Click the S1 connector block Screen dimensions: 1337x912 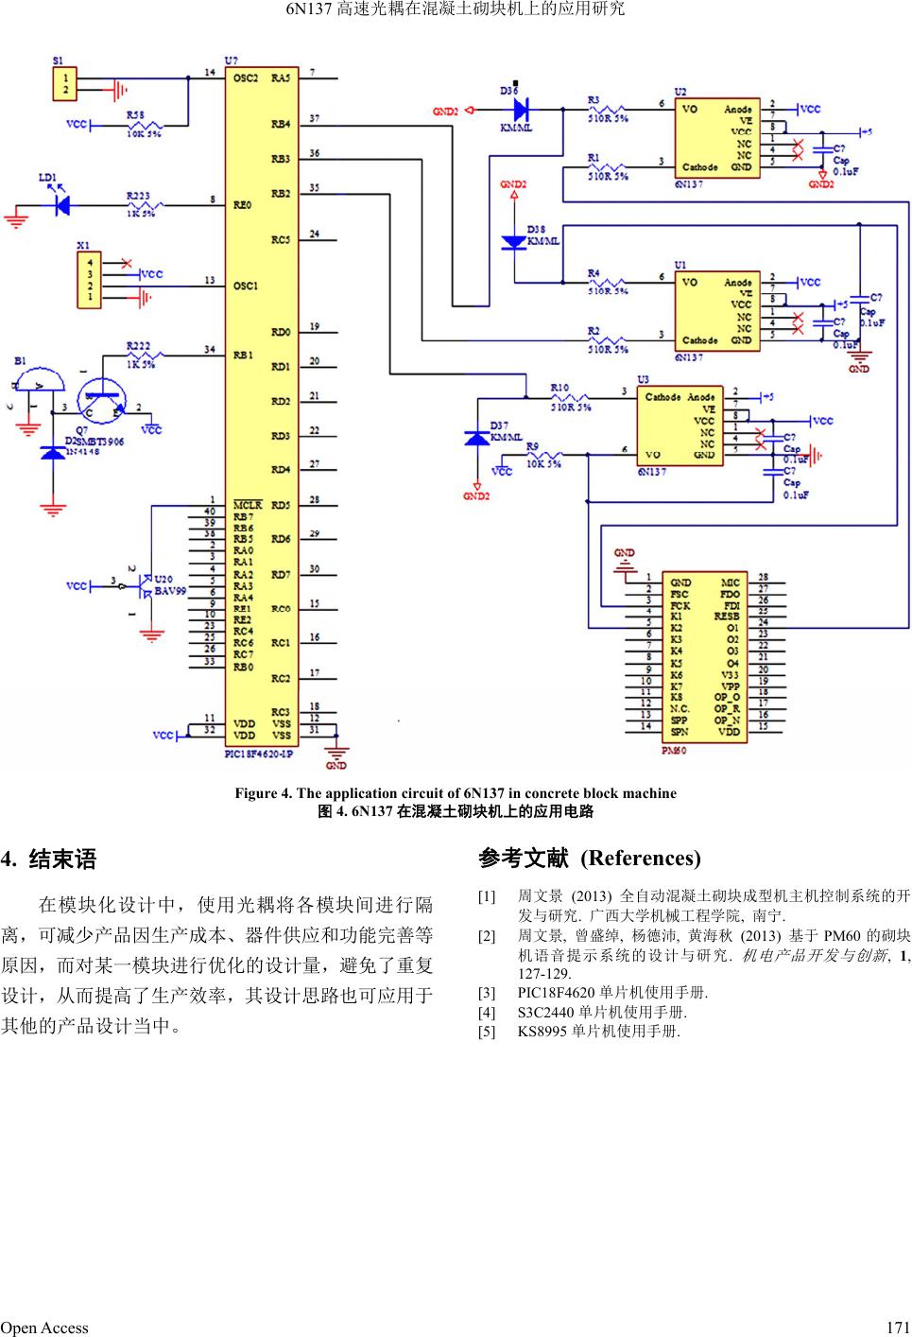coord(65,82)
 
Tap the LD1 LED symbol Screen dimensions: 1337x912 coord(62,203)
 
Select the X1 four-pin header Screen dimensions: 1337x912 coord(89,280)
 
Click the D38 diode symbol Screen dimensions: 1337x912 coord(514,242)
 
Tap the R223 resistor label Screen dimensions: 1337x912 coord(138,196)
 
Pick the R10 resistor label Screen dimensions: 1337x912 coord(559,387)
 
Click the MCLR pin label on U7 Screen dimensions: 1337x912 coord(248,505)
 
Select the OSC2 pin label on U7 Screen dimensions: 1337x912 coord(246,78)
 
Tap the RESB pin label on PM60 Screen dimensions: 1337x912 coord(726,616)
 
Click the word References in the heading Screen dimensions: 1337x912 coord(640,859)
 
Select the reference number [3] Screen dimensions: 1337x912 coord(487,994)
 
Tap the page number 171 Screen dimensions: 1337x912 coord(899,1328)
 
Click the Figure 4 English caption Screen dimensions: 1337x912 coord(456,793)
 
